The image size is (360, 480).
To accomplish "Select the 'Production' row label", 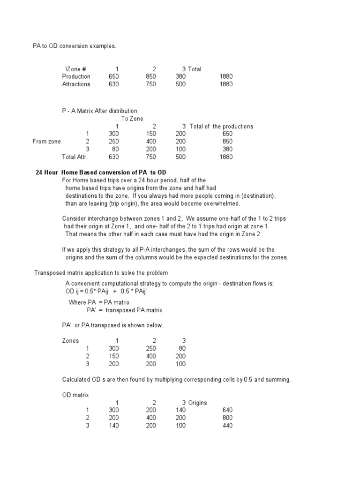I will pyautogui.click(x=76, y=76).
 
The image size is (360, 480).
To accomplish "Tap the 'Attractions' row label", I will pyautogui.click(x=76, y=84).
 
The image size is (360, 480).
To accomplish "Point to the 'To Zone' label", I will pyautogui.click(x=132, y=119).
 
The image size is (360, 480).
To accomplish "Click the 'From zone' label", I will pyautogui.click(x=46, y=141).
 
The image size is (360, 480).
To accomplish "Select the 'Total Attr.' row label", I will pyautogui.click(x=75, y=157).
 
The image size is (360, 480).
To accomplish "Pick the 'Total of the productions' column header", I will pyautogui.click(x=221, y=126).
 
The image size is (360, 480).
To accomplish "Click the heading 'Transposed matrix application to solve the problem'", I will pyautogui.click(x=101, y=273).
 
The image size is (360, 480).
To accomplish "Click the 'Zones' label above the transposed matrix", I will pyautogui.click(x=71, y=341).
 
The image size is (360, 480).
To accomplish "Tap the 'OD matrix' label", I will pyautogui.click(x=75, y=395).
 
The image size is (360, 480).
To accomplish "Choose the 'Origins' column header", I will pyautogui.click(x=198, y=403).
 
